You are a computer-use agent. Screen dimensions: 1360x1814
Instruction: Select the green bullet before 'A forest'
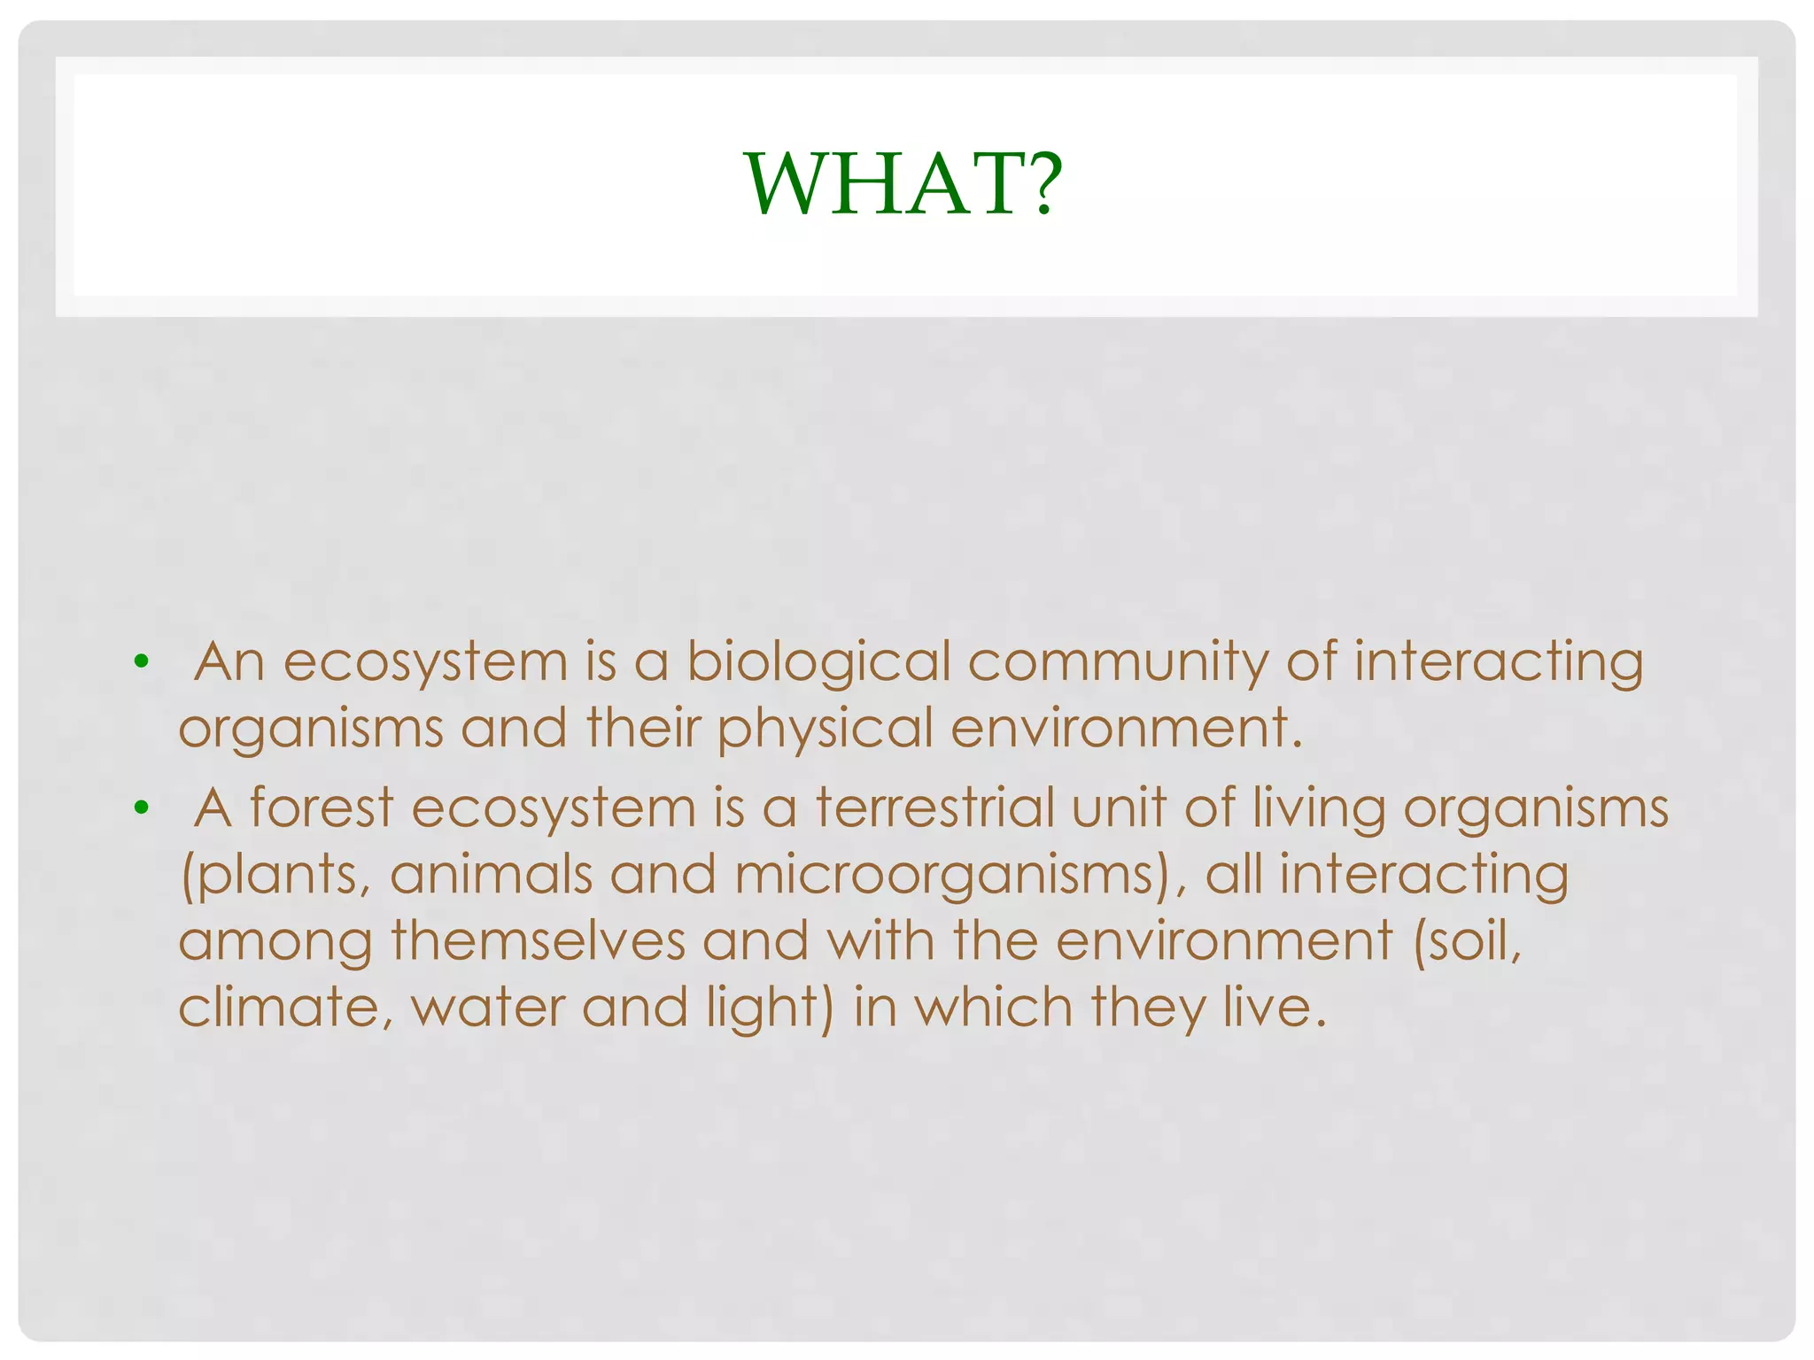[140, 807]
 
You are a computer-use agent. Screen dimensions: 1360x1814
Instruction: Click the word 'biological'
[818, 661]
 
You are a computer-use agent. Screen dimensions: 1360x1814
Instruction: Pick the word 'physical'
[825, 730]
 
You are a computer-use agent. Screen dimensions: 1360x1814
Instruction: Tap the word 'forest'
[322, 807]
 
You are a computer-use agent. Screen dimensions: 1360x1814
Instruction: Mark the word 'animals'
[491, 874]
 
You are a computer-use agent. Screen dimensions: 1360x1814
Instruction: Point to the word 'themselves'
[538, 940]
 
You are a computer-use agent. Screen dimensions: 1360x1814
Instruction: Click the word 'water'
[488, 1008]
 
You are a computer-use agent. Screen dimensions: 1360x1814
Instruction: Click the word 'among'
[275, 942]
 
